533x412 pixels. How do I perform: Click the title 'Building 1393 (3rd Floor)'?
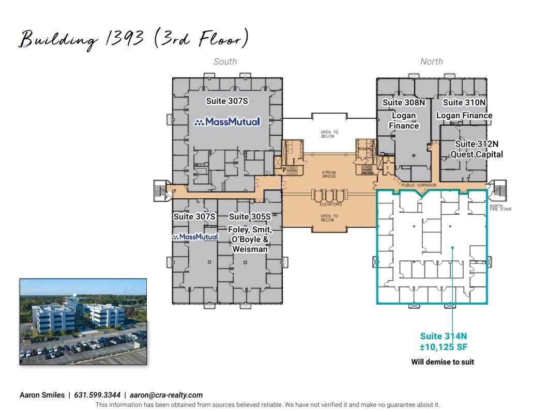pyautogui.click(x=134, y=39)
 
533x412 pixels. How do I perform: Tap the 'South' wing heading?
pyautogui.click(x=225, y=61)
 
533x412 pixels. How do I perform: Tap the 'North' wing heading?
pyautogui.click(x=431, y=61)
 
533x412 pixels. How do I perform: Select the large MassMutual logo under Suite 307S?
pyautogui.click(x=227, y=122)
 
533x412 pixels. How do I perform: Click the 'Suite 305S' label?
pyautogui.click(x=250, y=217)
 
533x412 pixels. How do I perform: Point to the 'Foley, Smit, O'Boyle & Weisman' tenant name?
pyautogui.click(x=250, y=239)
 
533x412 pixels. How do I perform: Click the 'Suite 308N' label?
pyautogui.click(x=404, y=102)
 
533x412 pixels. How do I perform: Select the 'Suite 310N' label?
pyautogui.click(x=464, y=102)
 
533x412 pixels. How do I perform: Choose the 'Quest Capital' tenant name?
pyautogui.click(x=476, y=154)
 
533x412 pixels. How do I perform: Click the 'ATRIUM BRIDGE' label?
pyautogui.click(x=329, y=174)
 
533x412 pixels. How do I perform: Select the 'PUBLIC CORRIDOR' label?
pyautogui.click(x=418, y=184)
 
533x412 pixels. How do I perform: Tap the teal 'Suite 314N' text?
pyautogui.click(x=444, y=336)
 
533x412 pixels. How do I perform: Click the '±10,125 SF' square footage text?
pyautogui.click(x=444, y=347)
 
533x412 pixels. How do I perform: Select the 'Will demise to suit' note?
pyautogui.click(x=443, y=362)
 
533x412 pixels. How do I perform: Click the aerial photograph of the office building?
pyautogui.click(x=83, y=322)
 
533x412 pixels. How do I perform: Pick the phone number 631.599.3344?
pyautogui.click(x=97, y=395)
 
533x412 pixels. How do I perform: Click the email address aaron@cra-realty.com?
pyautogui.click(x=166, y=395)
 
